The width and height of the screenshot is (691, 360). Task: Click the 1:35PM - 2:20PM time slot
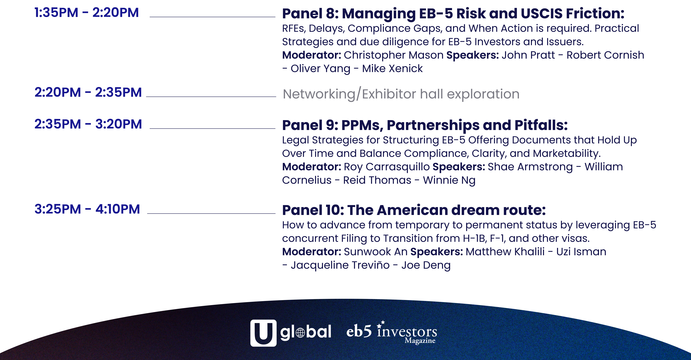87,13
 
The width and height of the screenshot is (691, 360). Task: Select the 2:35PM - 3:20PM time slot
88,124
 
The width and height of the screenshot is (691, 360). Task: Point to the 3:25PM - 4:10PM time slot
87,209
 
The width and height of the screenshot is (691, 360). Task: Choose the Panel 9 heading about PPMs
425,125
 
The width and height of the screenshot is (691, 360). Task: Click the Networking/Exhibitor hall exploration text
401,94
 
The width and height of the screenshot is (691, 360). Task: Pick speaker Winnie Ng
449,180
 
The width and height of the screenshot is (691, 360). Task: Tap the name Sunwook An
376,252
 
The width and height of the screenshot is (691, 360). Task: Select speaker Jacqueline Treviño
340,265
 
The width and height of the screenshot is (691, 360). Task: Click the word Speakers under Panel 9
459,167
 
